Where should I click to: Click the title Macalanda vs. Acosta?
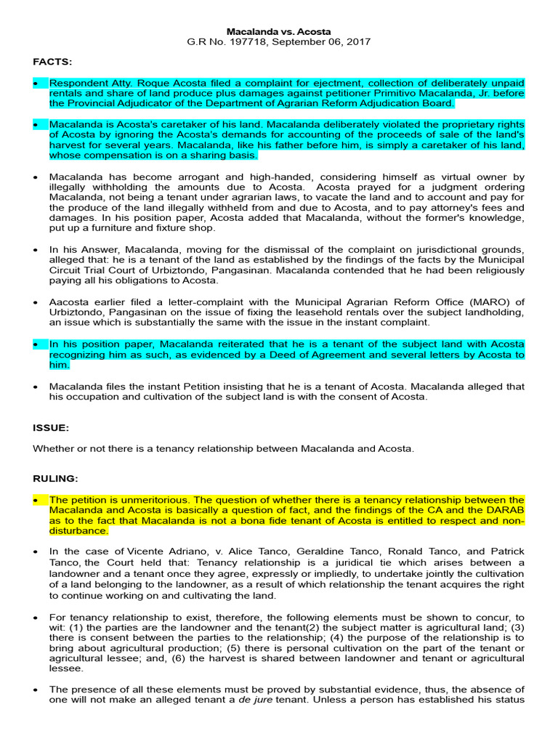tap(278, 32)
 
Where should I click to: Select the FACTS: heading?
tap(52, 62)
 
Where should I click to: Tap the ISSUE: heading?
tap(51, 428)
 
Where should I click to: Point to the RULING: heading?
tap(56, 480)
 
